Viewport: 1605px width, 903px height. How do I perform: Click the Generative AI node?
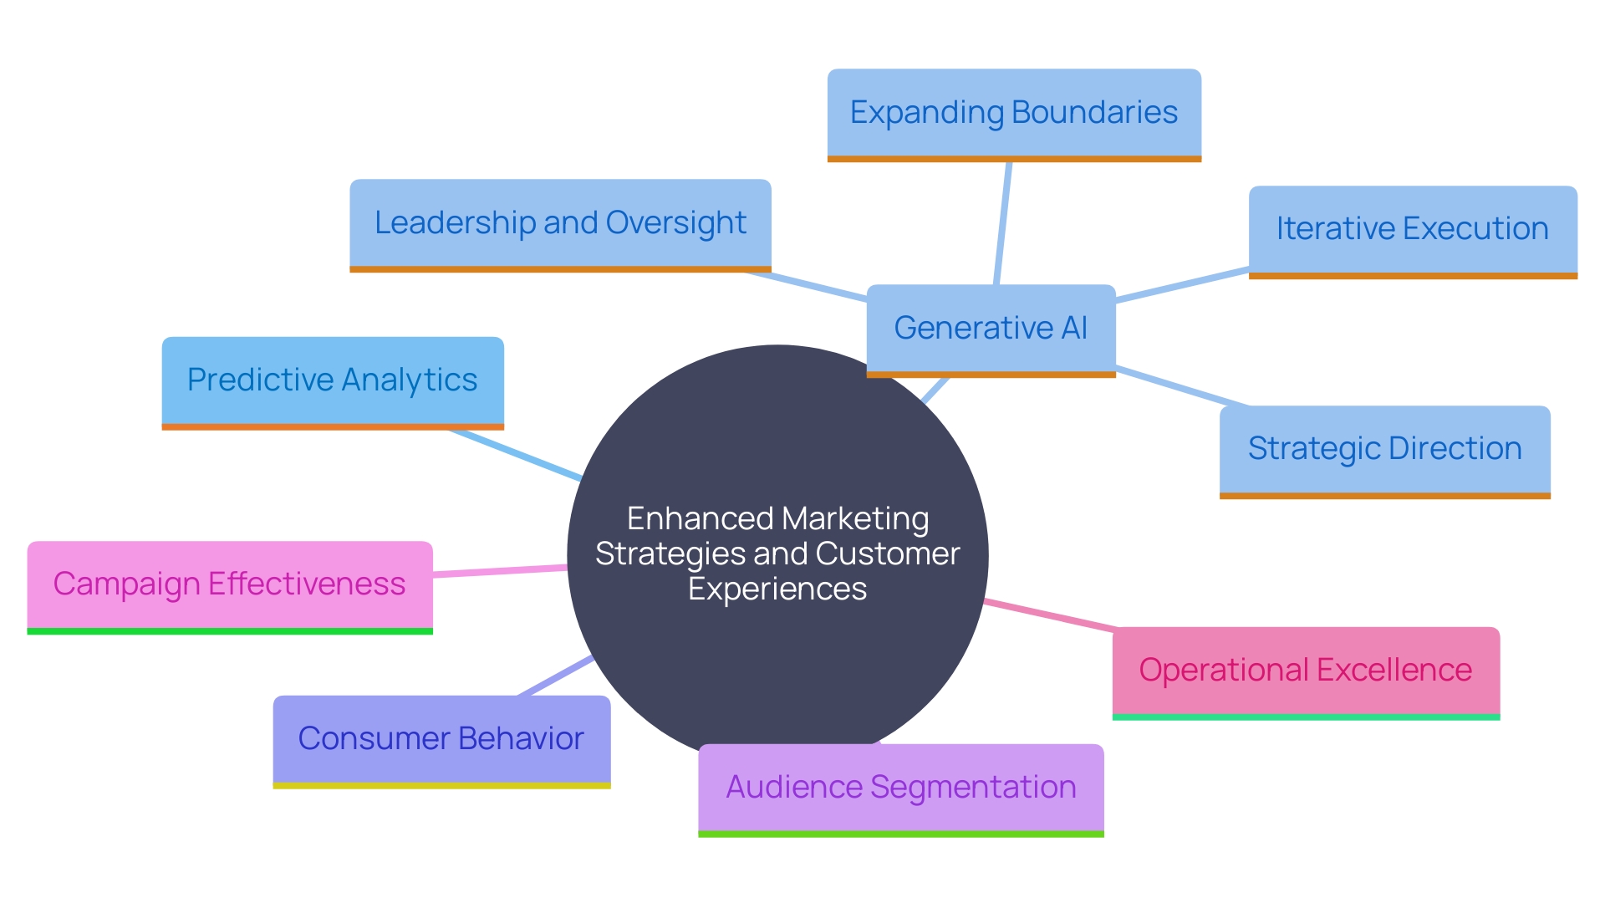click(x=991, y=328)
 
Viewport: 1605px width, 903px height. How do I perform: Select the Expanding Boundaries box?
click(x=1014, y=112)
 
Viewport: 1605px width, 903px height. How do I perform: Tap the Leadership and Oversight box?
click(x=560, y=222)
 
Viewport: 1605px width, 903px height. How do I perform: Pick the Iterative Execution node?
click(x=1413, y=228)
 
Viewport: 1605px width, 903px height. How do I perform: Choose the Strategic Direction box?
click(x=1384, y=448)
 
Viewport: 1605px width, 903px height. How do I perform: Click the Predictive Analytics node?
click(x=332, y=380)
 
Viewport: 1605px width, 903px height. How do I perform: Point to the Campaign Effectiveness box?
click(x=229, y=584)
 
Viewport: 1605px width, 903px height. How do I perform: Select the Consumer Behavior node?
click(x=441, y=738)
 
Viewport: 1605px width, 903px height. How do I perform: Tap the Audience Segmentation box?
click(x=900, y=787)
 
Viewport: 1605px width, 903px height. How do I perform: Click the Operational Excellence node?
click(x=1306, y=670)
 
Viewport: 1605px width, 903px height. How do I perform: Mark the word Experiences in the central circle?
click(x=777, y=589)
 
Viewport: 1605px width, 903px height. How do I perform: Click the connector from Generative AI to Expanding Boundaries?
click(x=1003, y=222)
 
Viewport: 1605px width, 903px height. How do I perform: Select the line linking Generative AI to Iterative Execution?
click(x=1183, y=284)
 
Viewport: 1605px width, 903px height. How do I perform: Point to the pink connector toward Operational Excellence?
click(x=1049, y=615)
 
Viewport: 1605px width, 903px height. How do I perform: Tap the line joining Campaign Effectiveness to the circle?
click(x=500, y=571)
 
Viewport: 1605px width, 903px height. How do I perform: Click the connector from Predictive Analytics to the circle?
click(x=514, y=454)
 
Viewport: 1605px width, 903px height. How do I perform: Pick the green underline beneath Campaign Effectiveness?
click(x=229, y=631)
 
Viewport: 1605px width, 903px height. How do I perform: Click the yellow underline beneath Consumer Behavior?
click(x=441, y=786)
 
